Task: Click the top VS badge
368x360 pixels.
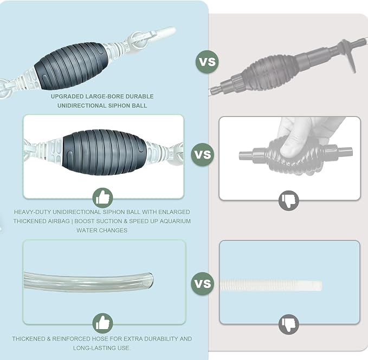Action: (x=207, y=62)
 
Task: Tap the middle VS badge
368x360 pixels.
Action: (x=202, y=154)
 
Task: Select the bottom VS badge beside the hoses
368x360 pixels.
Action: (x=202, y=284)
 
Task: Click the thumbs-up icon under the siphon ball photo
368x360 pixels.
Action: (x=102, y=198)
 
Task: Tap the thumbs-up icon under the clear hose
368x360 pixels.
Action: (x=102, y=323)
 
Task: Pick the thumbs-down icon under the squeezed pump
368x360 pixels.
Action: (x=289, y=200)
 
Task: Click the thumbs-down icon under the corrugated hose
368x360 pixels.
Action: (x=289, y=324)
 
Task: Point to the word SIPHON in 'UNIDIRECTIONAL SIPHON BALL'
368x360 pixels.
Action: (x=120, y=106)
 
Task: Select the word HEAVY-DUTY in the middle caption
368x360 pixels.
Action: (x=33, y=212)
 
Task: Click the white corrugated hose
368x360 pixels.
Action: (x=272, y=285)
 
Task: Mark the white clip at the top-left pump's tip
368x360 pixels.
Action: (x=165, y=31)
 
